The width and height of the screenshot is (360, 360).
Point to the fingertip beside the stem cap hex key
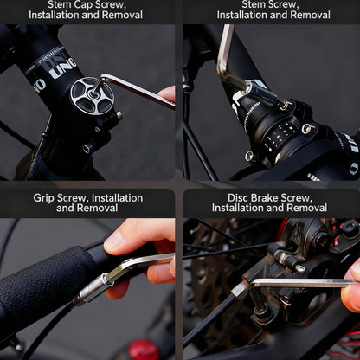click(167, 93)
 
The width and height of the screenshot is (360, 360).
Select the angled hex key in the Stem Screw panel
click(230, 61)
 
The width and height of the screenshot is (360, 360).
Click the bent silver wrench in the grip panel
click(138, 263)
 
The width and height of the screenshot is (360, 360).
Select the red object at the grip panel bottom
click(143, 350)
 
